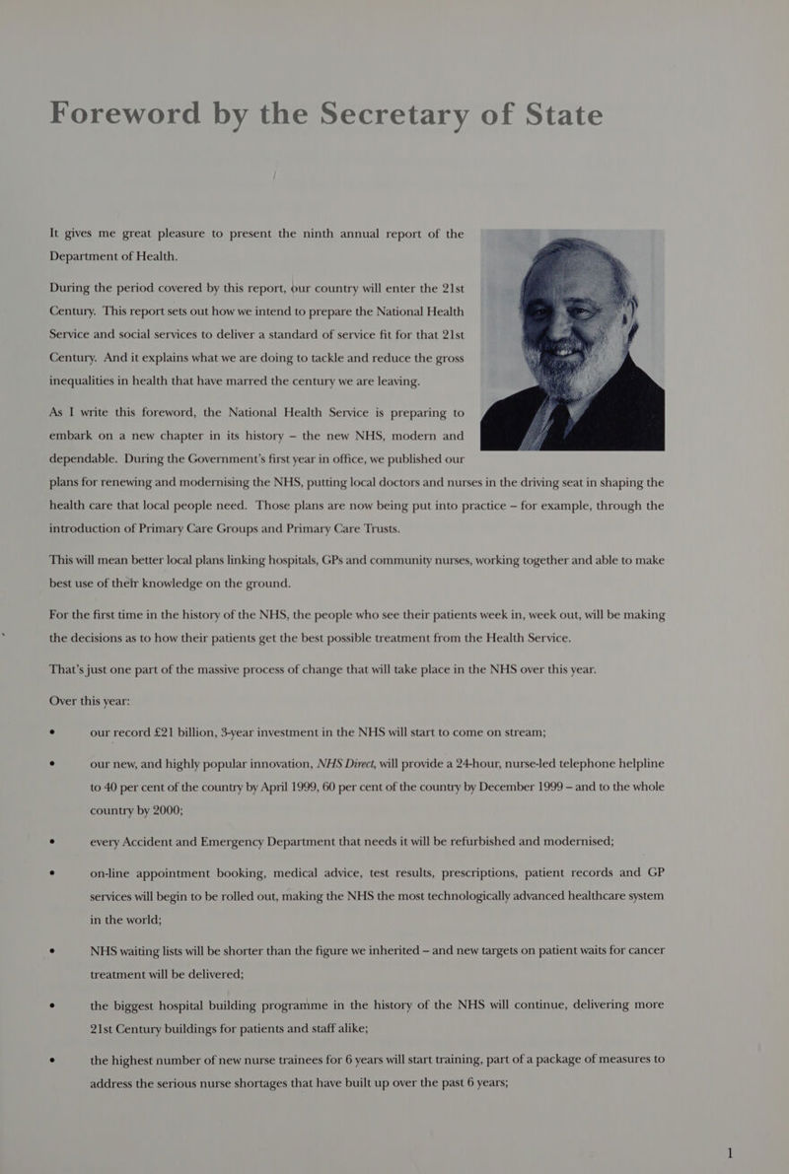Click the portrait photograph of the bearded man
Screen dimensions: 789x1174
(572, 340)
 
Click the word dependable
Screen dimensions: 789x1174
(96, 459)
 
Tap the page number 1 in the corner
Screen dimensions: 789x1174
(730, 1151)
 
